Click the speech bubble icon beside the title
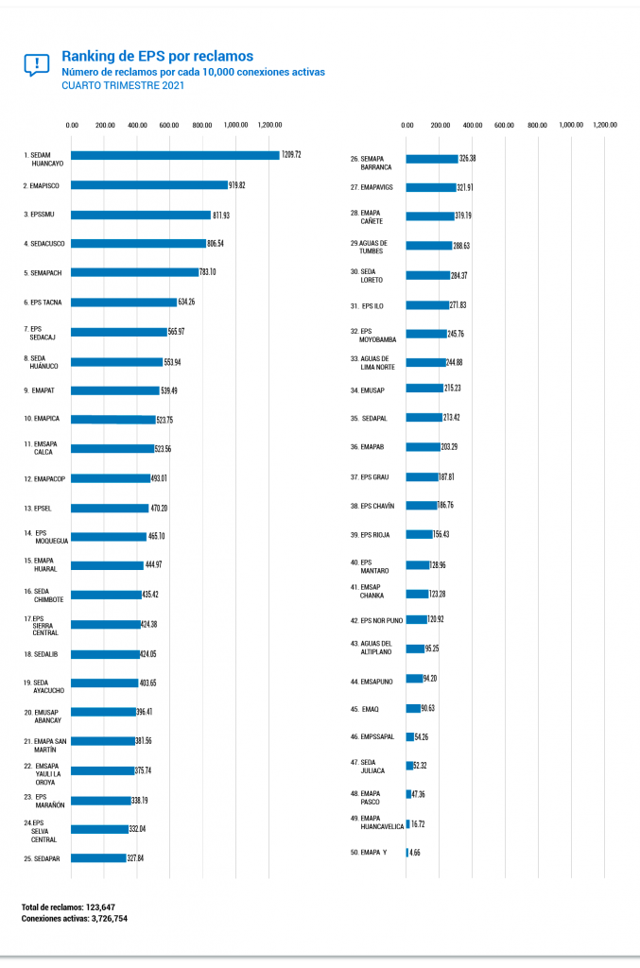point(36,64)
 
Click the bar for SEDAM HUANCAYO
point(175,155)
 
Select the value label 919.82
point(242,185)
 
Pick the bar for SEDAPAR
point(98,858)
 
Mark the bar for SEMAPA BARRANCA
point(432,159)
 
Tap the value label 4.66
point(415,853)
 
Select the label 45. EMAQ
point(364,709)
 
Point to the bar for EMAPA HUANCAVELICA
point(407,823)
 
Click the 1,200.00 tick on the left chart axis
point(268,125)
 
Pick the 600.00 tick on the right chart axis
point(504,125)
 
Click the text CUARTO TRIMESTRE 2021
point(123,85)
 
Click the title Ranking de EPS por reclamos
point(157,57)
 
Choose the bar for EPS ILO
point(427,305)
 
